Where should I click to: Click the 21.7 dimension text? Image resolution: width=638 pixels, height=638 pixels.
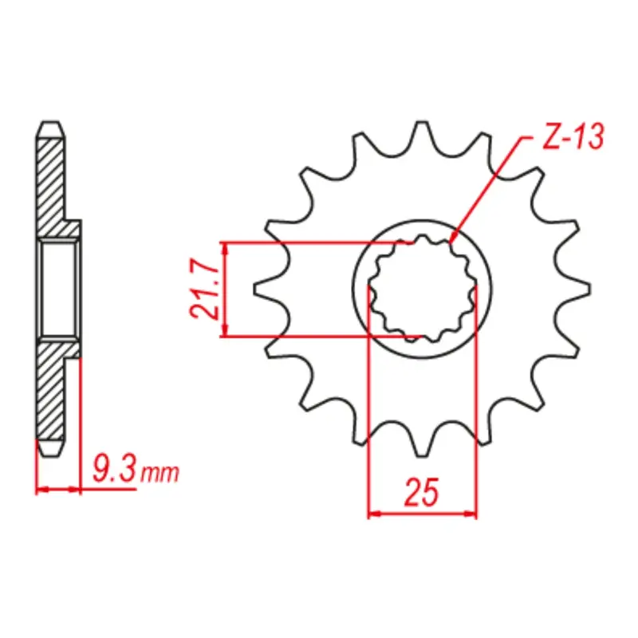pyautogui.click(x=204, y=289)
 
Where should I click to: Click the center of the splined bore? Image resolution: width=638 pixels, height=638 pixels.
pyautogui.click(x=422, y=289)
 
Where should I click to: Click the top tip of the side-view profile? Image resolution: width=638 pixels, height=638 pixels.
pyautogui.click(x=49, y=124)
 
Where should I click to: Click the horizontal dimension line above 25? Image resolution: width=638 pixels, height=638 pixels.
pyautogui.click(x=422, y=514)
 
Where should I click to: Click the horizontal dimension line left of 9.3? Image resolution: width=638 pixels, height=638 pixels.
pyautogui.click(x=59, y=487)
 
